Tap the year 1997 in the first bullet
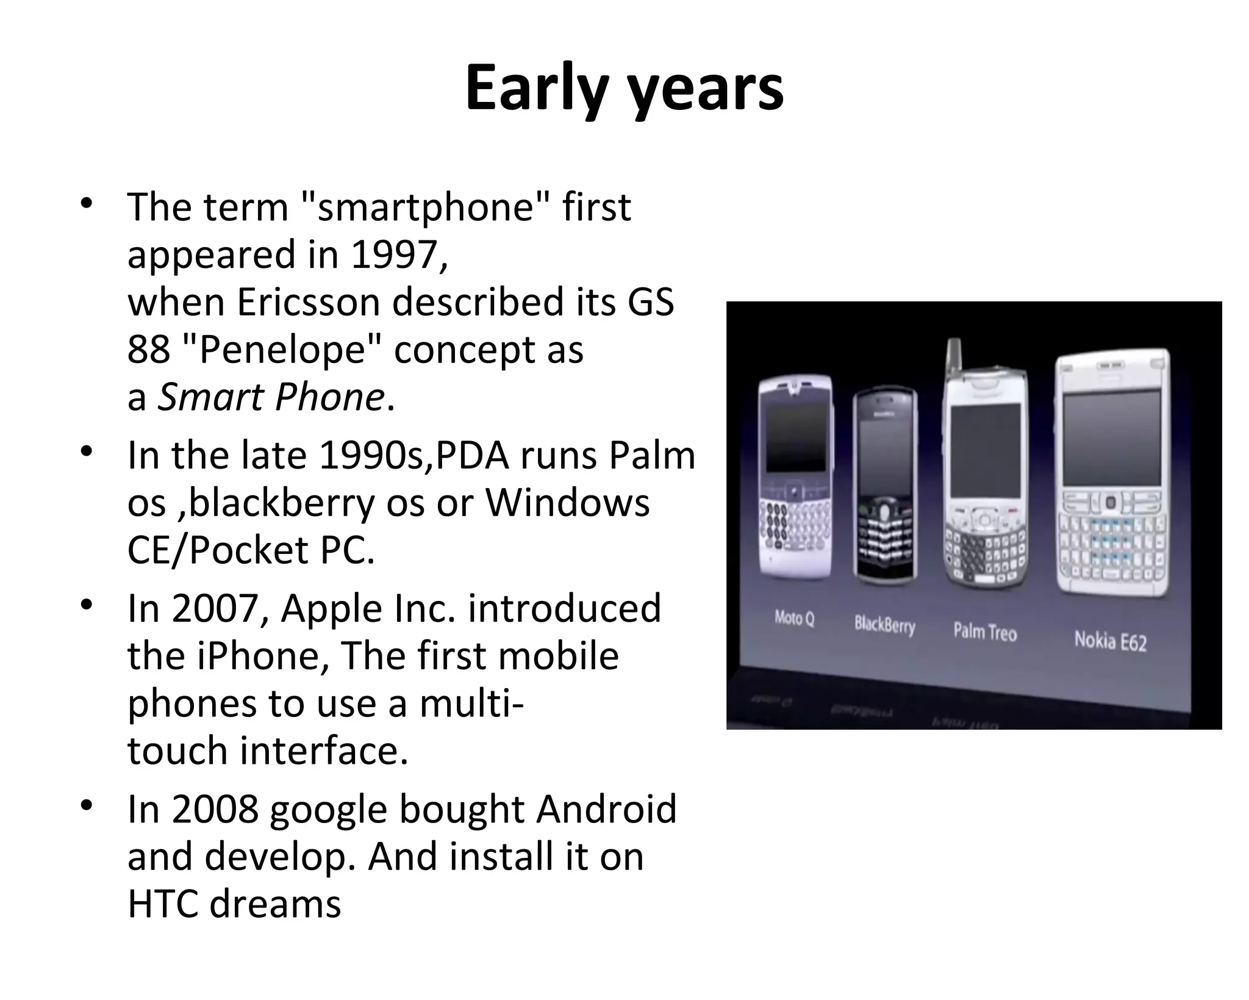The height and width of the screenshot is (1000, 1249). [x=395, y=254]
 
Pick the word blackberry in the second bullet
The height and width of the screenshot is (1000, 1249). [x=281, y=504]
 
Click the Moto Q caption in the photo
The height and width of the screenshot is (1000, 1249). [x=794, y=618]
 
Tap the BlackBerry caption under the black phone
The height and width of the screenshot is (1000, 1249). [x=884, y=625]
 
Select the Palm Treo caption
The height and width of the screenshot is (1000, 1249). [x=985, y=631]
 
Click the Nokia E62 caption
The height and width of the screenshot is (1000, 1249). [x=1110, y=641]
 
